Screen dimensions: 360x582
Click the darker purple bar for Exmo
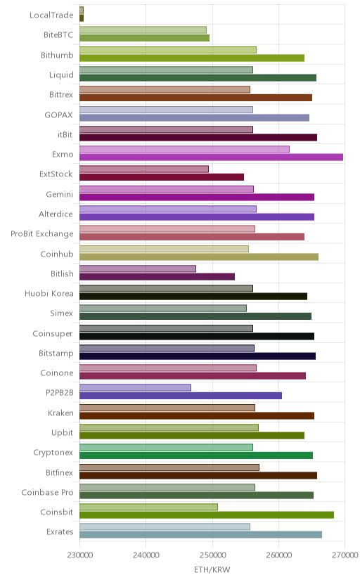tap(211, 157)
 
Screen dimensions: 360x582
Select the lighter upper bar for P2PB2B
tap(135, 387)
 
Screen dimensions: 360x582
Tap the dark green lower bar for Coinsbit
tap(207, 515)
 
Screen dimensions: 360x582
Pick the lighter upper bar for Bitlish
tap(138, 269)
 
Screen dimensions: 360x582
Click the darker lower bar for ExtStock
tap(162, 177)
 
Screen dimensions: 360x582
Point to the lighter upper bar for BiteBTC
tap(143, 30)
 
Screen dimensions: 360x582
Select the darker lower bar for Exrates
tap(201, 535)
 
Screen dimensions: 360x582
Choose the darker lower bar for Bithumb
tap(192, 58)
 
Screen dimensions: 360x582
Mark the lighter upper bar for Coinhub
tap(164, 249)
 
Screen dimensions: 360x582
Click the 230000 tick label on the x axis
tap(79, 555)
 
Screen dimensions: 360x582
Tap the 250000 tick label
tap(212, 555)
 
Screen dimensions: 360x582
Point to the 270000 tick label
tap(345, 555)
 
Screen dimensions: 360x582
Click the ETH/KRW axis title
tap(212, 570)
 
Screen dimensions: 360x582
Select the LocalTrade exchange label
tap(51, 15)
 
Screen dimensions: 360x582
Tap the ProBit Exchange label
tap(42, 234)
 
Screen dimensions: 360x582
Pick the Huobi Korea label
tap(49, 294)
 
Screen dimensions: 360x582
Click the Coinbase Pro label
tap(48, 492)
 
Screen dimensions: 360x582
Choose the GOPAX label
tap(58, 115)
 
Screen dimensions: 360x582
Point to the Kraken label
tap(60, 413)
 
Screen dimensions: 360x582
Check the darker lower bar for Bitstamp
tap(198, 356)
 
